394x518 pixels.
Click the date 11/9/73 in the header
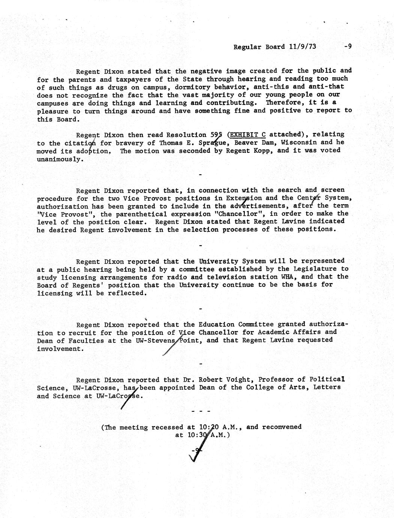[x=303, y=47]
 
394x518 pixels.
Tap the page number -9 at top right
[x=347, y=47]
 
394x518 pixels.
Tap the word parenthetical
[x=155, y=214]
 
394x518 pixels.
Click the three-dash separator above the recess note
[x=201, y=412]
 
